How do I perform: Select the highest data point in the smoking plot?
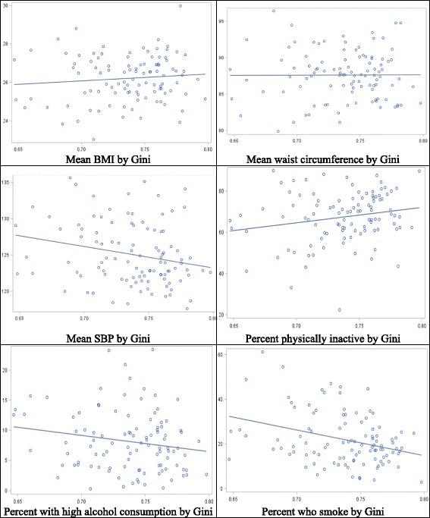[262, 352]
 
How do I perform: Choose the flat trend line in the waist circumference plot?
[326, 74]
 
